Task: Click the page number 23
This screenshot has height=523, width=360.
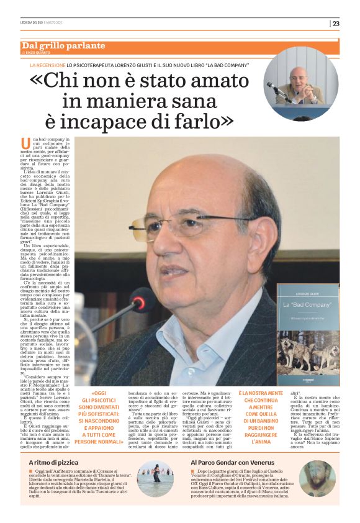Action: point(336,24)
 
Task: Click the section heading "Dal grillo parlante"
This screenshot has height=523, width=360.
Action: point(63,46)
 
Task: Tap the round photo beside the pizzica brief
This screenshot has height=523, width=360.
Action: point(155,497)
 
